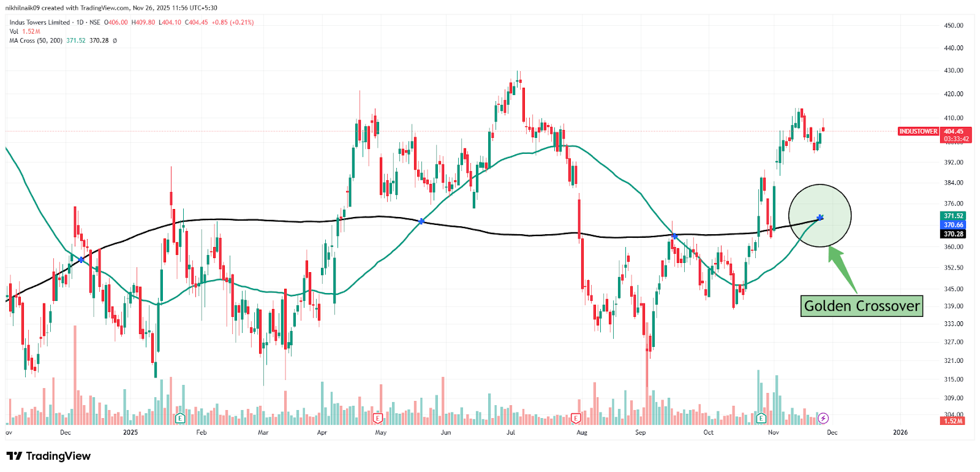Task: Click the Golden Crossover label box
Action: (861, 306)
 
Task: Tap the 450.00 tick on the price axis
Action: (954, 26)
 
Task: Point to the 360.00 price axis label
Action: (954, 247)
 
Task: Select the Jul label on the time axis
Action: (511, 433)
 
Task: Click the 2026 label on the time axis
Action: (900, 433)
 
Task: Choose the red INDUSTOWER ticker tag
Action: (918, 132)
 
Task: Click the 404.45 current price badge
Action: (954, 132)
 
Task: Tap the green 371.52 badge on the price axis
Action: (953, 216)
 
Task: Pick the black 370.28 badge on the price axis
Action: (953, 234)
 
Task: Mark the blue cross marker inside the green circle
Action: (820, 218)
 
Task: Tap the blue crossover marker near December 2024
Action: (81, 260)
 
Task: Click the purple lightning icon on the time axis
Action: (823, 418)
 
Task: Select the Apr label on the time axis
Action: (322, 433)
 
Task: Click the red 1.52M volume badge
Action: (953, 421)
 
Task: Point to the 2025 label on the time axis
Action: (130, 433)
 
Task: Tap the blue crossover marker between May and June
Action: (421, 221)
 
